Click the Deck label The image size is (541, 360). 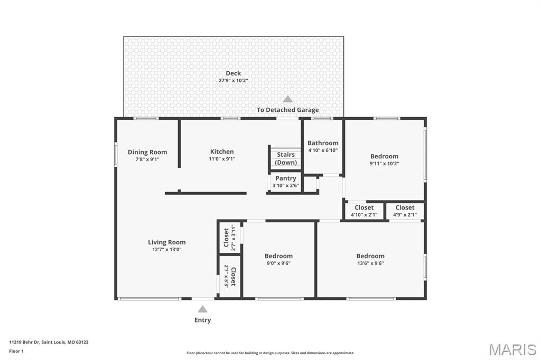pyautogui.click(x=233, y=73)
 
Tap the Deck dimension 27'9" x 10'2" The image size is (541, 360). pyautogui.click(x=233, y=80)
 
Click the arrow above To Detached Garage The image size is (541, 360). pyautogui.click(x=288, y=99)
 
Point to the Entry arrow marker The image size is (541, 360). pyautogui.click(x=202, y=309)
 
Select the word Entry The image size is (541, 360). pyautogui.click(x=202, y=320)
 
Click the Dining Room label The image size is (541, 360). pyautogui.click(x=147, y=152)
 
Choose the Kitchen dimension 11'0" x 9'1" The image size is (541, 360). pyautogui.click(x=222, y=159)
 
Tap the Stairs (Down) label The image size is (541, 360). pyautogui.click(x=286, y=158)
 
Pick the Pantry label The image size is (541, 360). pyautogui.click(x=286, y=178)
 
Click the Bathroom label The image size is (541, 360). pyautogui.click(x=323, y=143)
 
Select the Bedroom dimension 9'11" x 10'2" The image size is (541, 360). pyautogui.click(x=385, y=164)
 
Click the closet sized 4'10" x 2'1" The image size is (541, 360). pyautogui.click(x=364, y=211)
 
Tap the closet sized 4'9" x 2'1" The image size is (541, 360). pyautogui.click(x=405, y=211)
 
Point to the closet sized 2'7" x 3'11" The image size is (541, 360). pyautogui.click(x=230, y=238)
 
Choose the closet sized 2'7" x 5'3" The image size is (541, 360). pyautogui.click(x=230, y=277)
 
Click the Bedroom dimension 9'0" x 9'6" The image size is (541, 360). pyautogui.click(x=278, y=263)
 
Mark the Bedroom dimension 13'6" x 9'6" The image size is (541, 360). pyautogui.click(x=370, y=263)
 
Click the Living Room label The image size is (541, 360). pyautogui.click(x=166, y=242)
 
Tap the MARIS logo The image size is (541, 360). pyautogui.click(x=512, y=349)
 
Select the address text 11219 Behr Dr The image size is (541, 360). pyautogui.click(x=24, y=342)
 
